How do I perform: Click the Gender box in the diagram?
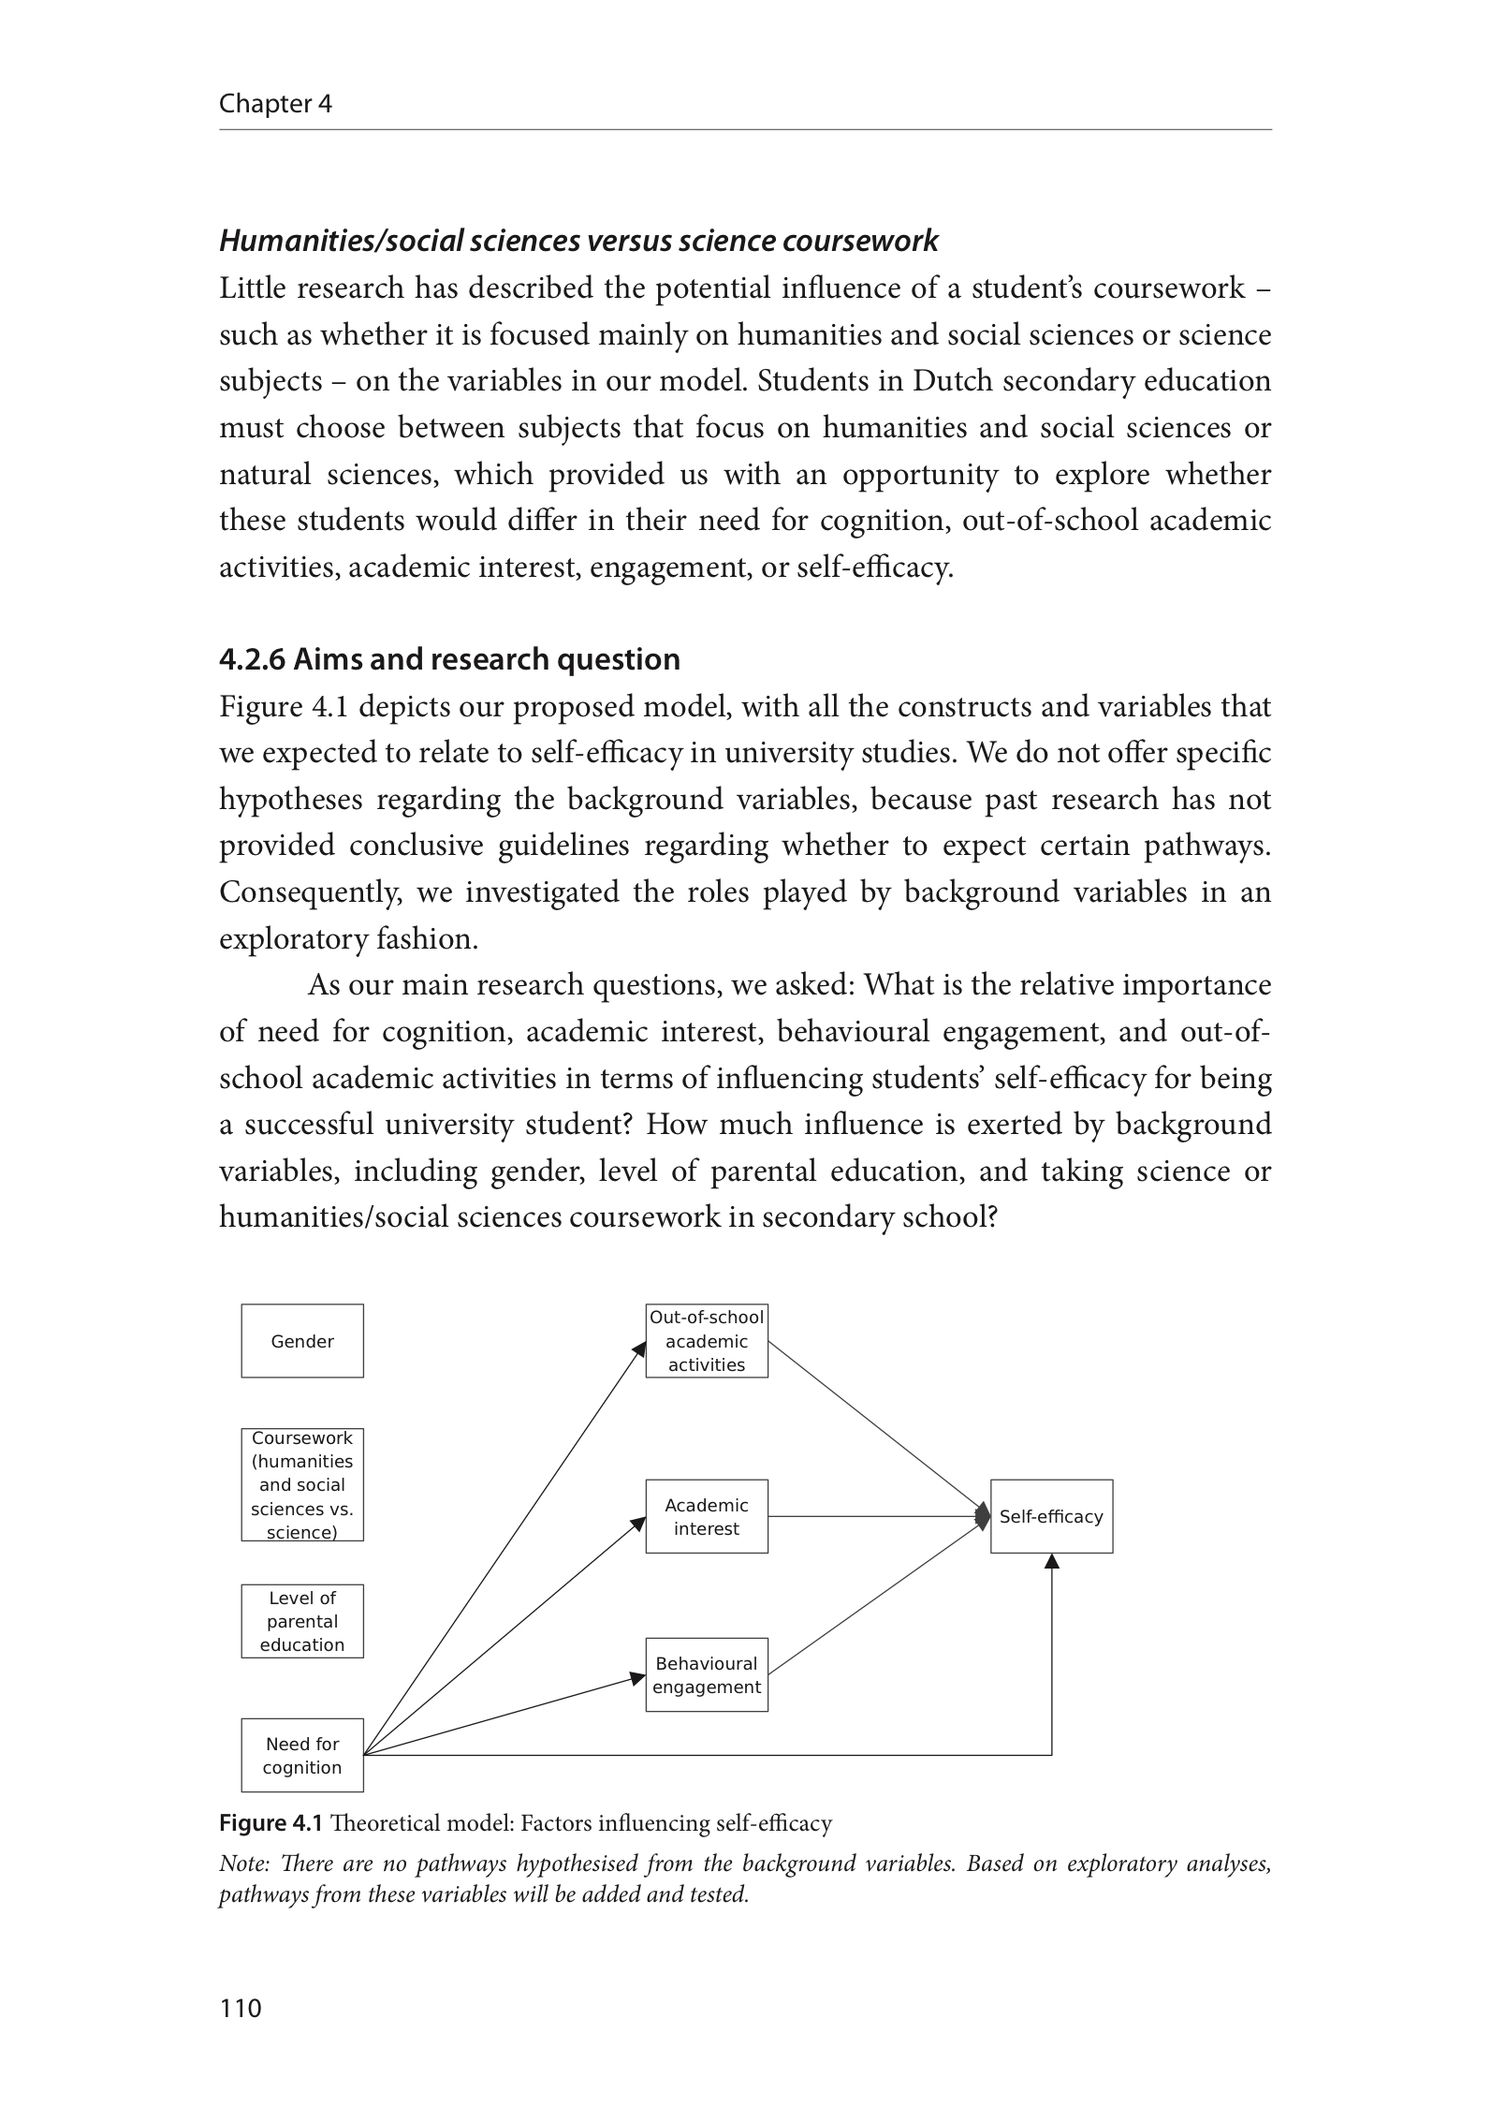pyautogui.click(x=301, y=1341)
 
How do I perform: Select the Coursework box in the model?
pyautogui.click(x=301, y=1484)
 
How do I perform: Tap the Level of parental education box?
pyautogui.click(x=301, y=1621)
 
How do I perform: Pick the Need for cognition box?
pyautogui.click(x=301, y=1755)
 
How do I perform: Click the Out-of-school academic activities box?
pyautogui.click(x=706, y=1341)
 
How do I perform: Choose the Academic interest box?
pyautogui.click(x=706, y=1516)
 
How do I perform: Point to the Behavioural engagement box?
pyautogui.click(x=706, y=1675)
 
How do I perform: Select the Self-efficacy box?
pyautogui.click(x=1051, y=1516)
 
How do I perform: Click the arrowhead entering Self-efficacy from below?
pyautogui.click(x=1052, y=1562)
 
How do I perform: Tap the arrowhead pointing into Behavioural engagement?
pyautogui.click(x=638, y=1679)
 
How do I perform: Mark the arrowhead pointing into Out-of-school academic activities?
pyautogui.click(x=640, y=1349)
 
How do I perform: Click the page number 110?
pyautogui.click(x=241, y=2008)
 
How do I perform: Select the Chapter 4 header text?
pyautogui.click(x=275, y=103)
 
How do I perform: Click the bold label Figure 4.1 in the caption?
pyautogui.click(x=270, y=1823)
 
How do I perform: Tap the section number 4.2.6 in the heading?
pyautogui.click(x=251, y=659)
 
